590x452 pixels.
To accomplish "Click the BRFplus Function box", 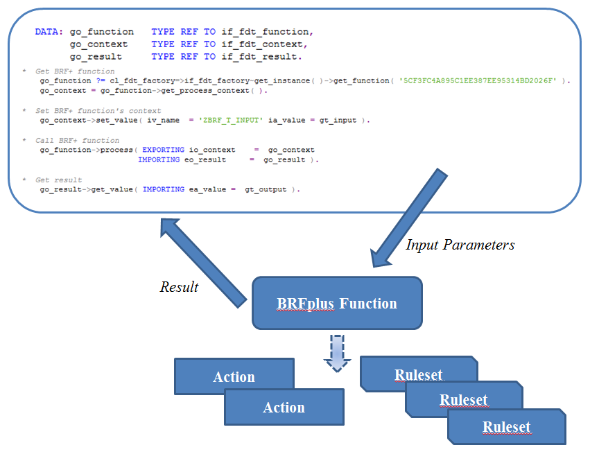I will coord(337,303).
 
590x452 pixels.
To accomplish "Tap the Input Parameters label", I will coord(460,245).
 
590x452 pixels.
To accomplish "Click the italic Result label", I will coord(179,287).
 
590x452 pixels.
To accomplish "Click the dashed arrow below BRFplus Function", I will coord(337,352).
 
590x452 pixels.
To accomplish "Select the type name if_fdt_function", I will coord(264,32).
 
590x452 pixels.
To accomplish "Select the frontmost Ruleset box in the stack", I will coord(506,426).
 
